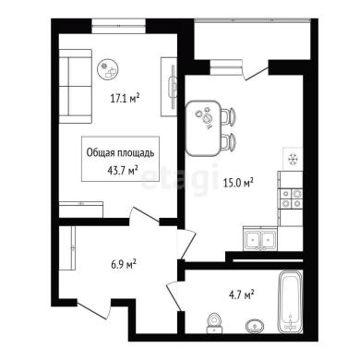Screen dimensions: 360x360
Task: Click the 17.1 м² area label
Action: [x=126, y=99]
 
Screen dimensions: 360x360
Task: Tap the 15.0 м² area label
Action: [x=238, y=184]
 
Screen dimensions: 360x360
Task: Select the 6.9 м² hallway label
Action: [x=124, y=264]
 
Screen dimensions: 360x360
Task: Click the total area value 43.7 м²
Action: [x=122, y=170]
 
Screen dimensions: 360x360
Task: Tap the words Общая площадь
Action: [x=120, y=153]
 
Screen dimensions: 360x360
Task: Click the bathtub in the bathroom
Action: [x=290, y=302]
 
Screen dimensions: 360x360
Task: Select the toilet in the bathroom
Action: [x=214, y=323]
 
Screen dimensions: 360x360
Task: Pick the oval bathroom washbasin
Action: [x=255, y=326]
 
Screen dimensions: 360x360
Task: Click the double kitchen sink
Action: [x=260, y=239]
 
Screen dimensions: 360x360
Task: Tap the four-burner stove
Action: [x=291, y=198]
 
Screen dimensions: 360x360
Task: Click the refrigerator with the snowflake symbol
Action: [x=293, y=159]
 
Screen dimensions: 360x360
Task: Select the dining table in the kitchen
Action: [x=203, y=128]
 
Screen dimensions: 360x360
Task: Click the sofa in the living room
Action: [x=76, y=87]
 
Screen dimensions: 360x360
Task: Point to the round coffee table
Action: [x=108, y=70]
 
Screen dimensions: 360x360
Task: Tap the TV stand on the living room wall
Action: [x=169, y=87]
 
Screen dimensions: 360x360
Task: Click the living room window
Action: [x=118, y=27]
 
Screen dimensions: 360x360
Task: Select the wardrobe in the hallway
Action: [x=67, y=248]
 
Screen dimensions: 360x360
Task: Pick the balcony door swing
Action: [x=256, y=71]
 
